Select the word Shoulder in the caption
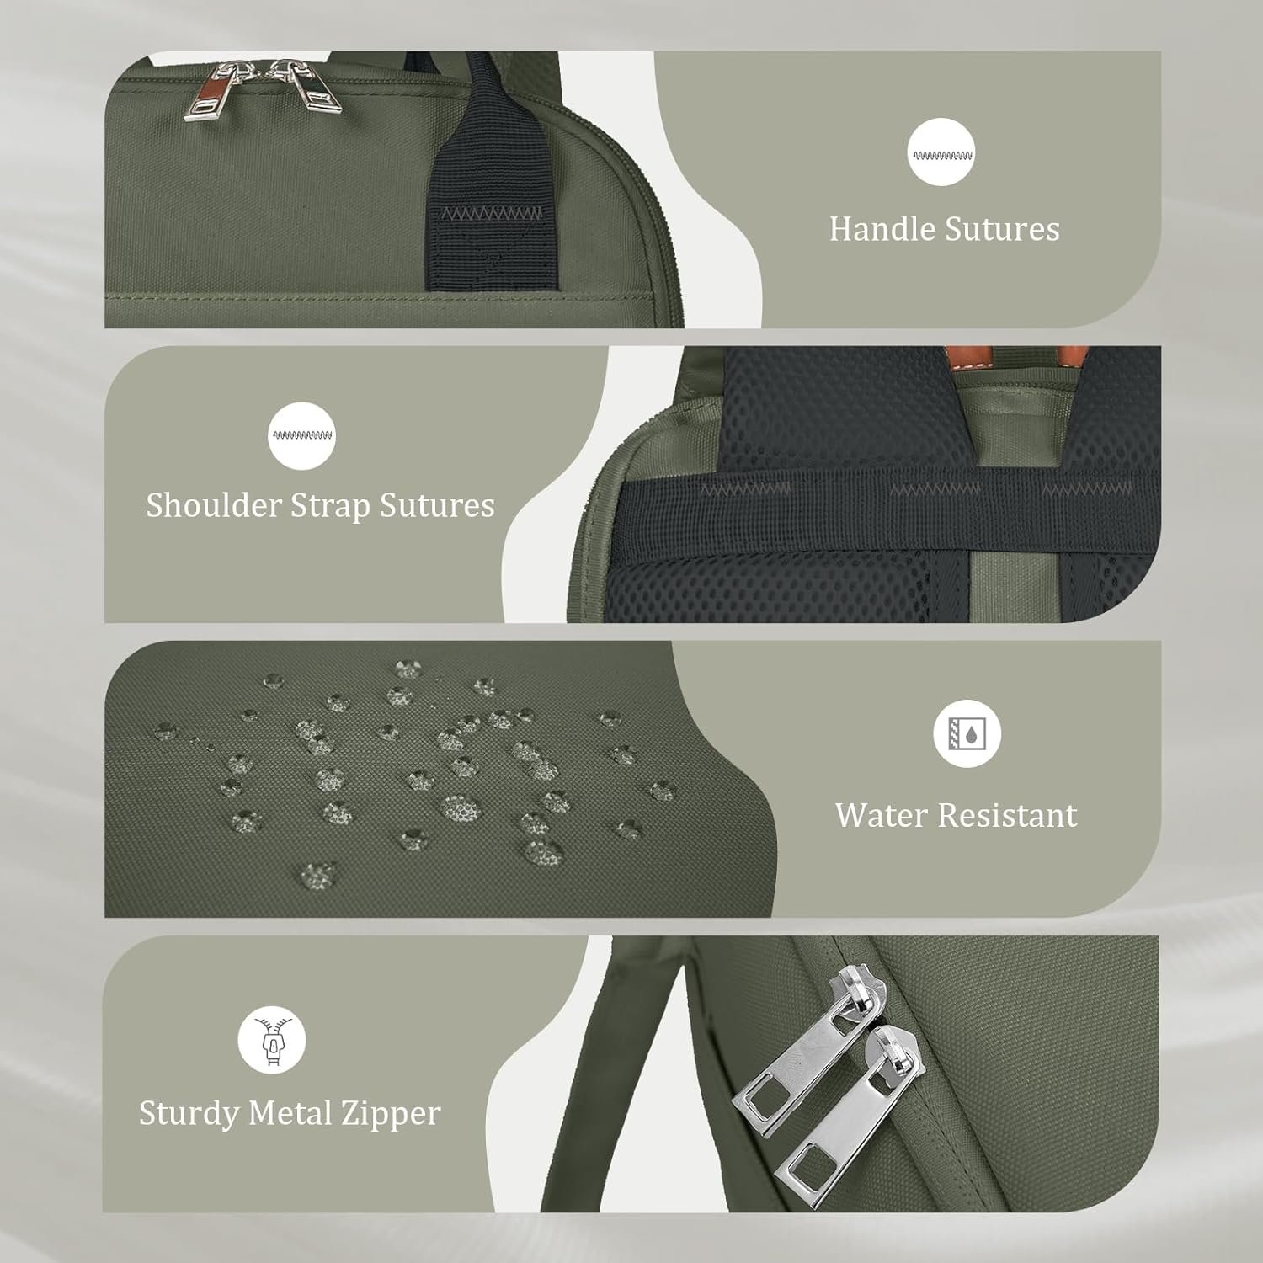[x=213, y=505]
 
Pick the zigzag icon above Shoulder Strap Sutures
[x=301, y=435]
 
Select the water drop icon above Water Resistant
[x=967, y=733]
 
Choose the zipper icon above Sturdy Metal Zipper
[x=272, y=1042]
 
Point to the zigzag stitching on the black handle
[x=493, y=212]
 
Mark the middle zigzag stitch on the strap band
[x=935, y=489]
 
